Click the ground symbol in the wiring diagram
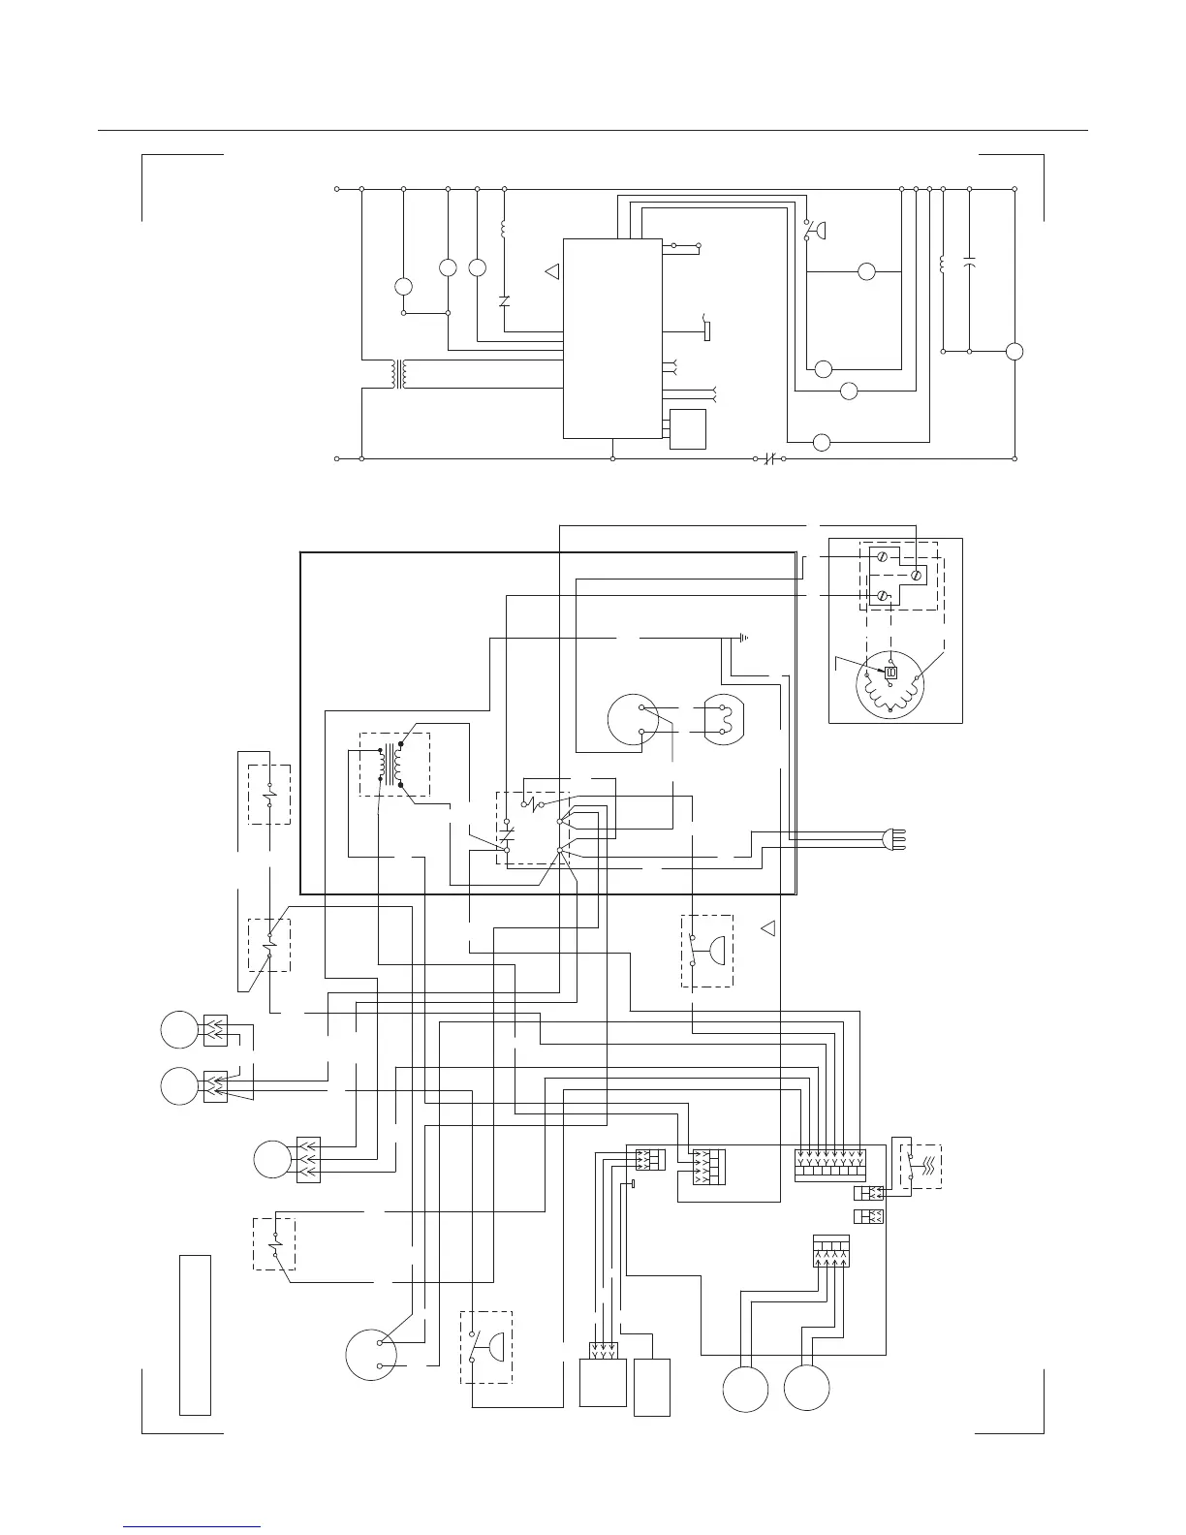[x=743, y=638]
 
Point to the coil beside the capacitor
[x=943, y=264]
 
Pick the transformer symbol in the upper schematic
[x=397, y=375]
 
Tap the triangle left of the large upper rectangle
[x=553, y=272]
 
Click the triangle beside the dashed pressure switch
[x=769, y=928]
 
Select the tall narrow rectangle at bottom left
[x=195, y=1334]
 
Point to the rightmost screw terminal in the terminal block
[x=917, y=575]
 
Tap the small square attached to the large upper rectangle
[x=688, y=428]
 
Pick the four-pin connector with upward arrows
[x=831, y=1252]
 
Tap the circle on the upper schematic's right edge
[x=1014, y=352]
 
